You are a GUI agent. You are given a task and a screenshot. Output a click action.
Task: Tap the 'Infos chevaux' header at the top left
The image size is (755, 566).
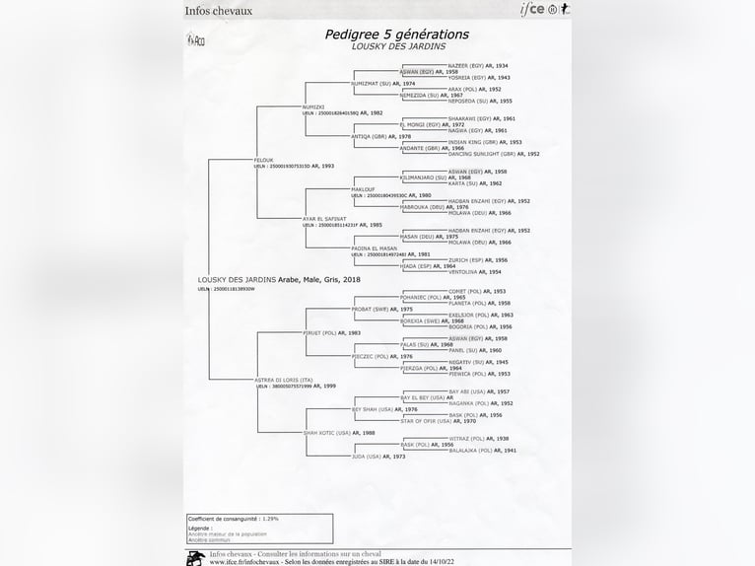click(219, 12)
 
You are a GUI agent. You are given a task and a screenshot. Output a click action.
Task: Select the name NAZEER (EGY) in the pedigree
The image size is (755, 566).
click(465, 65)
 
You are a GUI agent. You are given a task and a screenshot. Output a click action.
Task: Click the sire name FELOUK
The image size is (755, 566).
click(264, 160)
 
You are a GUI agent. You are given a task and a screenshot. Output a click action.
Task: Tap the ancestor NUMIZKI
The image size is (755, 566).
click(313, 106)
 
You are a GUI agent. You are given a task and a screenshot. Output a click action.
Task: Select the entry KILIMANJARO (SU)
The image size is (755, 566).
click(421, 177)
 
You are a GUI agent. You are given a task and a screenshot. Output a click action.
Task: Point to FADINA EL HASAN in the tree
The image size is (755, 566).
click(374, 248)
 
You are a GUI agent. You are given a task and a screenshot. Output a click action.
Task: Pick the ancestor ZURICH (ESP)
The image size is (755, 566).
click(464, 260)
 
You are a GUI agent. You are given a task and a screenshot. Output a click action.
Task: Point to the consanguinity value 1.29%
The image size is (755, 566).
click(271, 518)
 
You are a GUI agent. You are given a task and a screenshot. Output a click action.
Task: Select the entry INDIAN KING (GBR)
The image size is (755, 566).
click(471, 142)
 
